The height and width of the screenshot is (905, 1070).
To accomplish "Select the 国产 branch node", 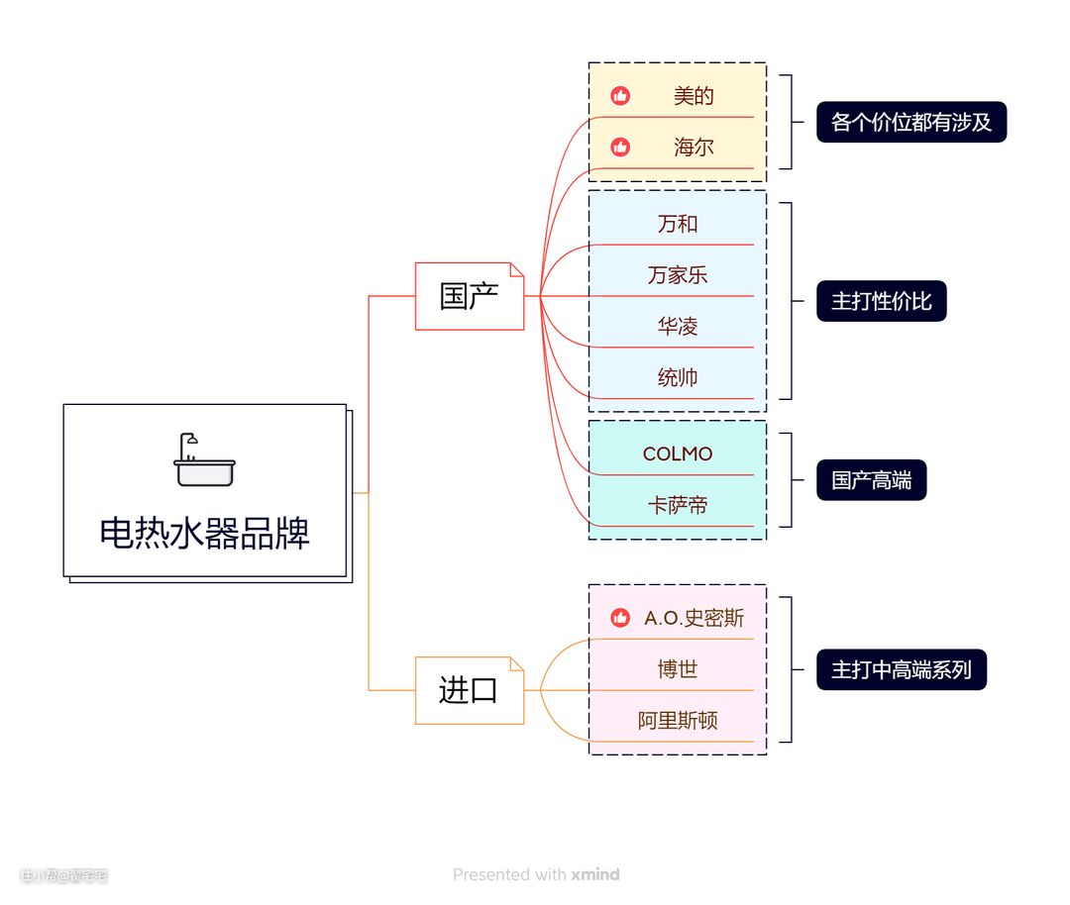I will point(469,296).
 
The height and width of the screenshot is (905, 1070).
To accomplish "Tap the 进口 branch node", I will point(469,690).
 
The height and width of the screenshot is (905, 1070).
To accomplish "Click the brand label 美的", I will point(694,96).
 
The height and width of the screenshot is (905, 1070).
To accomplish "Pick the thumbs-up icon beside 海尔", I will point(620,148).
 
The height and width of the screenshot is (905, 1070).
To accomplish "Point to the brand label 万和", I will point(678,224).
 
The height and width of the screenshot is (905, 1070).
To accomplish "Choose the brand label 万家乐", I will point(678,275).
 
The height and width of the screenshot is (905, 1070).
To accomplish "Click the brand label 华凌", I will point(678,327).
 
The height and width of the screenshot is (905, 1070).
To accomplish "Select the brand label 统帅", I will point(678,377).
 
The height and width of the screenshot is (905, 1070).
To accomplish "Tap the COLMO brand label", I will point(678,454).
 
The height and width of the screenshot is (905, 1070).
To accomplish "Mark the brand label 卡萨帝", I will point(678,506).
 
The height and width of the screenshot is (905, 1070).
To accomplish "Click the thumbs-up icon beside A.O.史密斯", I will point(620,618).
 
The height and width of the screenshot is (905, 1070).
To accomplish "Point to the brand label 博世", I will point(678,669).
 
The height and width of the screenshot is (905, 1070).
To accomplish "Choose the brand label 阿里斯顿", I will point(678,721).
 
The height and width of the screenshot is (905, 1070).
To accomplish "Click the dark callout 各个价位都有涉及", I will point(911,123).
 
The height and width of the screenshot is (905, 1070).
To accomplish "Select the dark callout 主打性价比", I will point(881,301).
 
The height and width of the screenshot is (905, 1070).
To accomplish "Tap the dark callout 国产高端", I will point(871,481).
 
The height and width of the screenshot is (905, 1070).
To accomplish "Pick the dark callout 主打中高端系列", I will point(901,670).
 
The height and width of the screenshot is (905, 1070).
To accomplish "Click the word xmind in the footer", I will point(595,874).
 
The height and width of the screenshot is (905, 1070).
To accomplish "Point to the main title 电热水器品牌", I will point(204,533).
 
